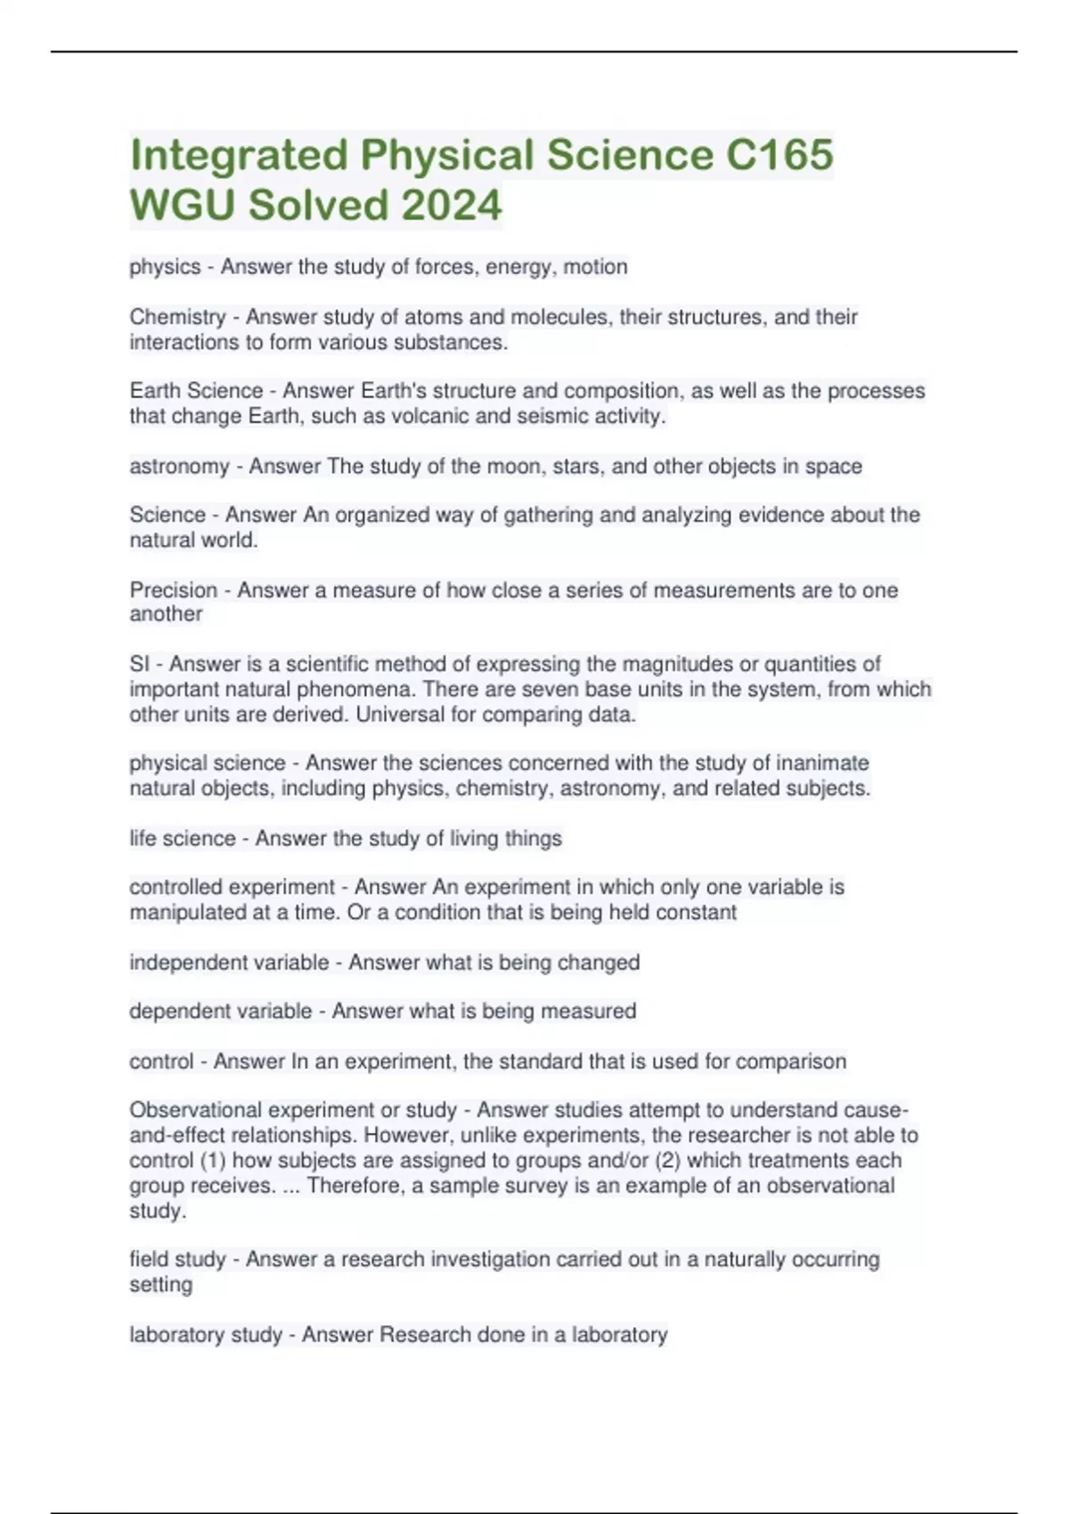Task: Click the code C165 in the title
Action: pyautogui.click(x=779, y=155)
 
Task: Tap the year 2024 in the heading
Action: pyautogui.click(x=452, y=206)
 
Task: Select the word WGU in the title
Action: pyautogui.click(x=183, y=206)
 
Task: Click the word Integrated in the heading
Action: pyautogui.click(x=239, y=155)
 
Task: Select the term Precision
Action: pyautogui.click(x=174, y=590)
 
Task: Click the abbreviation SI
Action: pyautogui.click(x=139, y=663)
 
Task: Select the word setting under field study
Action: pyautogui.click(x=160, y=1284)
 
